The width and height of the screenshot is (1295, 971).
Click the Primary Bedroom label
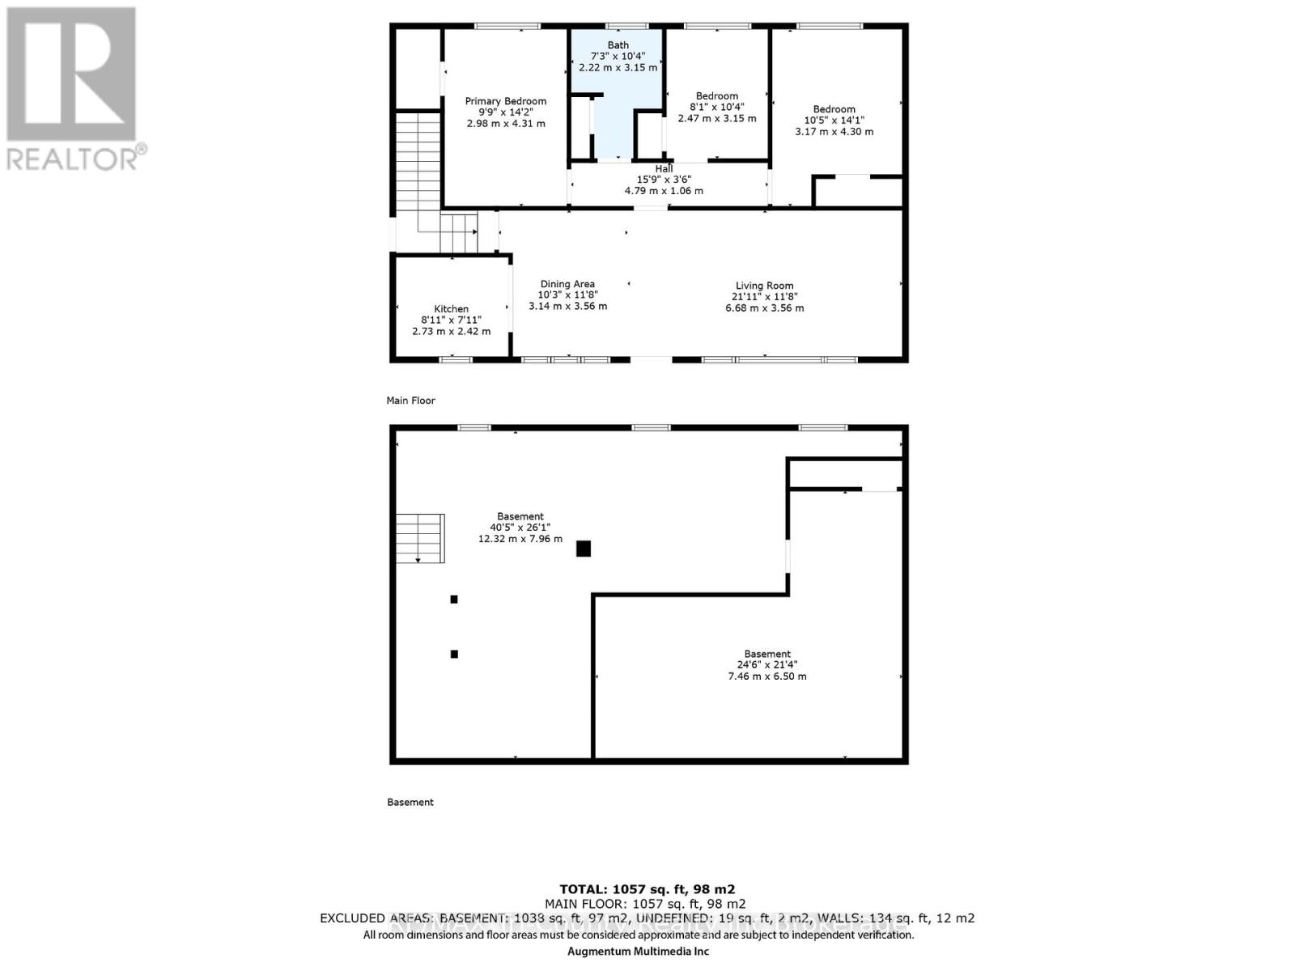click(505, 101)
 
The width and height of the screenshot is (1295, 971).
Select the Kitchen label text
click(451, 309)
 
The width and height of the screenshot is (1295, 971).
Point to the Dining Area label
click(567, 284)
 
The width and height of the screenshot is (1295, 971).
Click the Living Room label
click(764, 286)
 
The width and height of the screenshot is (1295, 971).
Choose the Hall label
click(664, 169)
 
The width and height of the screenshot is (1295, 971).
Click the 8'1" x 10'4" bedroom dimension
click(716, 107)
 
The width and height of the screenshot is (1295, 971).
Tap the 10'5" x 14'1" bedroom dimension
click(834, 121)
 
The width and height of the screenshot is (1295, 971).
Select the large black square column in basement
click(583, 549)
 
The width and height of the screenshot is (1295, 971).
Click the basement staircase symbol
click(420, 538)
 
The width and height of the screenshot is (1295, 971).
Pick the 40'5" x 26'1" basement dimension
click(520, 528)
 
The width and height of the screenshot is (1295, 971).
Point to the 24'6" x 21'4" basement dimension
click(767, 665)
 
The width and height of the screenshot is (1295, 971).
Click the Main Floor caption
click(411, 401)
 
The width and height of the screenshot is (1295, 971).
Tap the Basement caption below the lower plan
click(410, 802)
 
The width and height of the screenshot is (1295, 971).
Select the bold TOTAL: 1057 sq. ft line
click(647, 889)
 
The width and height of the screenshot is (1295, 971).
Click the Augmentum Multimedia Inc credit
click(638, 952)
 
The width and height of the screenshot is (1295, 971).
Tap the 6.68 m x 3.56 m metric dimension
click(764, 308)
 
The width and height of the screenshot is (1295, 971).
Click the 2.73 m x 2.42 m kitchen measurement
click(451, 331)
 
